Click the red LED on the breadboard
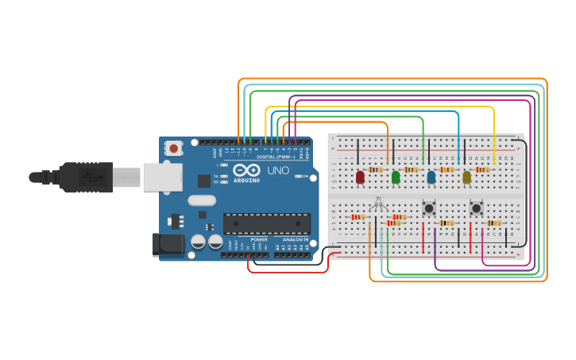(x=360, y=176)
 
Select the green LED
(x=396, y=176)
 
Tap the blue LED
(x=431, y=176)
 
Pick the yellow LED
(x=467, y=176)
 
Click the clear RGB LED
(x=378, y=205)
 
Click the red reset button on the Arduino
(x=173, y=148)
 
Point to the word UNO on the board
(x=277, y=170)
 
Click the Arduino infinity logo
(x=246, y=170)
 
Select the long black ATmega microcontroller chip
(x=266, y=223)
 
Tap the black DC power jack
(x=168, y=244)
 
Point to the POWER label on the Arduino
(x=259, y=238)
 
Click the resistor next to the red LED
(x=376, y=169)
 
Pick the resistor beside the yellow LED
(x=482, y=169)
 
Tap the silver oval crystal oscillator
(x=202, y=200)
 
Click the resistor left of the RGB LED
(x=358, y=217)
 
